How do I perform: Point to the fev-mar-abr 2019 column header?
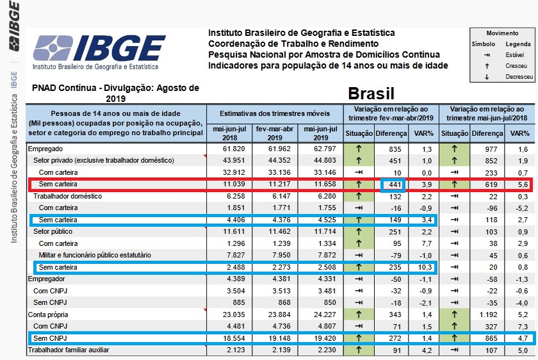[273, 133]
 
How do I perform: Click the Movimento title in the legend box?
[501, 33]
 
